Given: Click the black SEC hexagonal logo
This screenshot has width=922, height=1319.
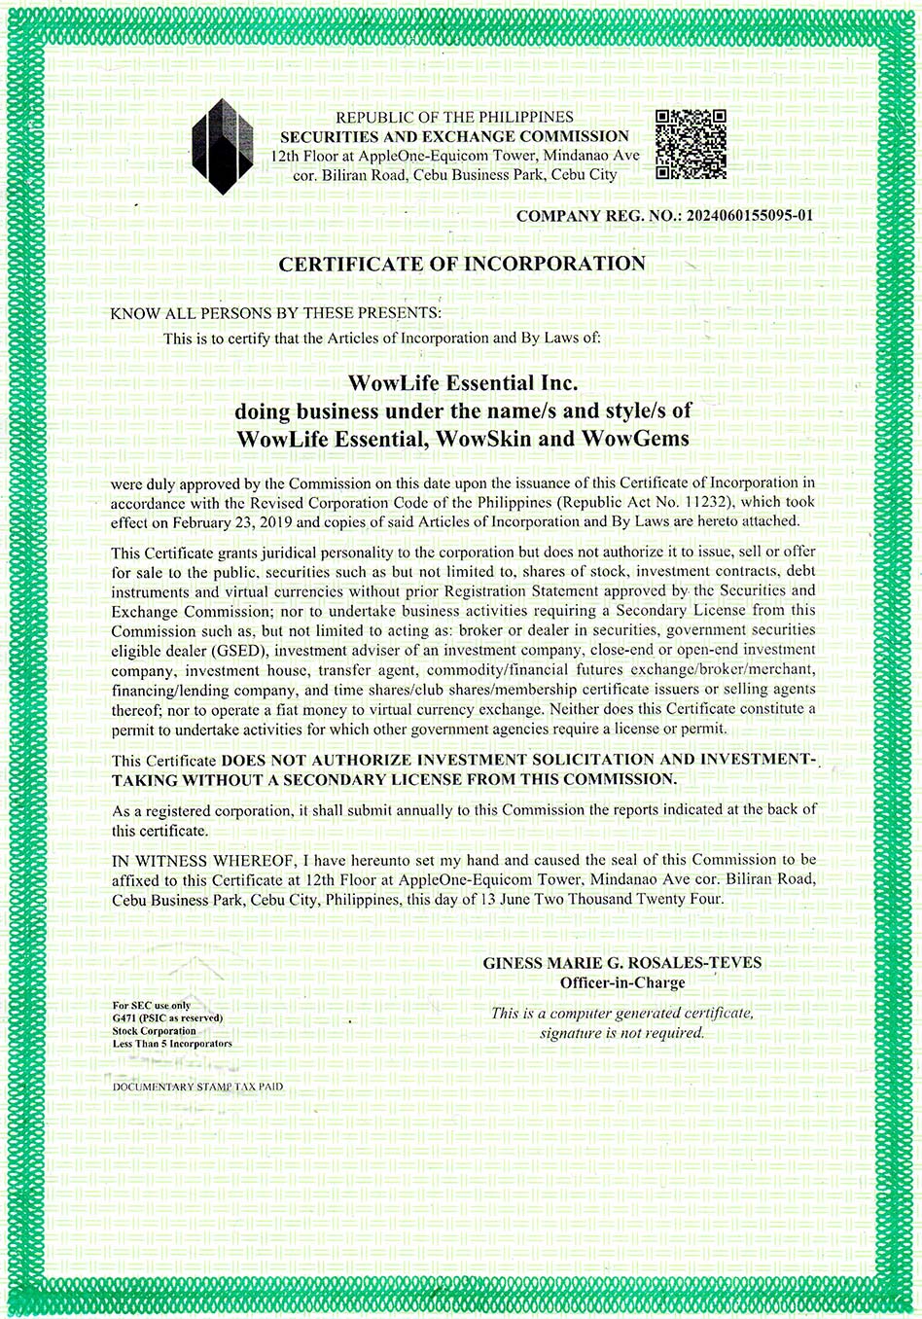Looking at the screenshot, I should coord(223,146).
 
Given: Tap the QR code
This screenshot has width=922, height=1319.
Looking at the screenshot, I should coord(691,145).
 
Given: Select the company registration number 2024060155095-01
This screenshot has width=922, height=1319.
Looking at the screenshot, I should coord(749,216).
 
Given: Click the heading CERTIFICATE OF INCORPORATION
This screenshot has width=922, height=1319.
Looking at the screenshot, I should coord(462,264).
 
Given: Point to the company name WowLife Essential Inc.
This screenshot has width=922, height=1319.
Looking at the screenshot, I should coord(462,382).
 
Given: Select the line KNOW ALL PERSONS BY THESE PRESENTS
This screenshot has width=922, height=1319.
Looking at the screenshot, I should coord(275,313).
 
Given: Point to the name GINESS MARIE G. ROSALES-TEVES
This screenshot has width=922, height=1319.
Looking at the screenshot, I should coord(622,963).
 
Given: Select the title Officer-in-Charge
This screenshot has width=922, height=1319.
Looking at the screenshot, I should coord(622,983).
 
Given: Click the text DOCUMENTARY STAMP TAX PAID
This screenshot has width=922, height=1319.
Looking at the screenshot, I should coord(197,1087).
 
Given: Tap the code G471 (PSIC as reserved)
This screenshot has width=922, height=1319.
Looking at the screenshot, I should coord(167,1018).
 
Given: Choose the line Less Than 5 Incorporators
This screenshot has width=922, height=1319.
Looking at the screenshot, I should coord(172,1044).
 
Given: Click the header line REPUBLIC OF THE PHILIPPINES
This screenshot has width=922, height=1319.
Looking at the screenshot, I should coord(454,117).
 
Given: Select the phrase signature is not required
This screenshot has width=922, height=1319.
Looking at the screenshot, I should coord(622,1033).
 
